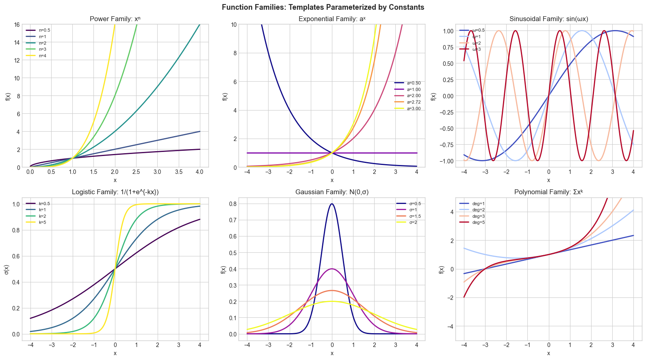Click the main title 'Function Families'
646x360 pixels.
(323, 7)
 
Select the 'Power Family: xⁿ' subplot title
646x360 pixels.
(115, 19)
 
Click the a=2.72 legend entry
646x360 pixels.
(414, 102)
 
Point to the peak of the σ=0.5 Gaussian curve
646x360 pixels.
(332, 204)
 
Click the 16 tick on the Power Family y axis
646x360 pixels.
(17, 24)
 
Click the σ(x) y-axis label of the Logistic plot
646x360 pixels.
(7, 269)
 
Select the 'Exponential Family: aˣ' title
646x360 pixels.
(332, 19)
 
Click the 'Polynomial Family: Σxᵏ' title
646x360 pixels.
(548, 192)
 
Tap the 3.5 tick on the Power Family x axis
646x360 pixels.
(178, 172)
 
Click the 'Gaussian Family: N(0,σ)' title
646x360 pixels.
(332, 192)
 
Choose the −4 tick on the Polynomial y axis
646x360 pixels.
(452, 326)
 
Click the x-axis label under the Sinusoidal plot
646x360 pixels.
(548, 180)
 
